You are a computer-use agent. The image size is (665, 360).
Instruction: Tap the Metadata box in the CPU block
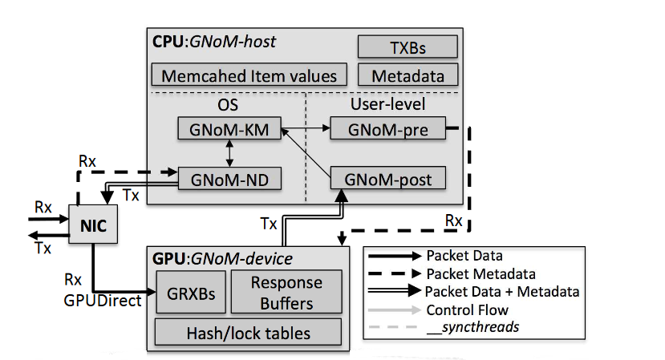click(407, 75)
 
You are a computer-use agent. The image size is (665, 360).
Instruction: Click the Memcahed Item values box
click(249, 76)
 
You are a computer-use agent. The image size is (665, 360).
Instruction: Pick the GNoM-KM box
click(229, 129)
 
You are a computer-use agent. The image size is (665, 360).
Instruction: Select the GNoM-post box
click(387, 177)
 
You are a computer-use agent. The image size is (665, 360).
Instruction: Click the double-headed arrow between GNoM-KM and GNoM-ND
click(231, 153)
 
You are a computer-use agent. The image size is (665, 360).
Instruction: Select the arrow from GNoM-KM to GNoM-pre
click(304, 127)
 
